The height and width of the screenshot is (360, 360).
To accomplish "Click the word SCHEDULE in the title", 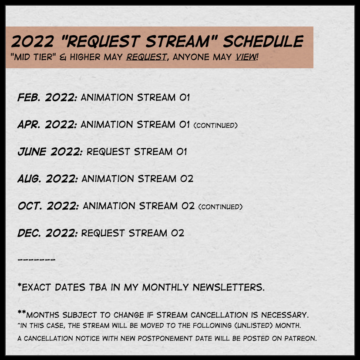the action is [x=263, y=41].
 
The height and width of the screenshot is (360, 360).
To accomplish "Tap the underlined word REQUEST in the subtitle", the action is [x=146, y=57].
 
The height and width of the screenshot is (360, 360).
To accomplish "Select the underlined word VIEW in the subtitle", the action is [x=246, y=57].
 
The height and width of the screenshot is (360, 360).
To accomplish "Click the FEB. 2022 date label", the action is [x=47, y=97].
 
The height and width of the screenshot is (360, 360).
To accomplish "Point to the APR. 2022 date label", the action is [x=47, y=124].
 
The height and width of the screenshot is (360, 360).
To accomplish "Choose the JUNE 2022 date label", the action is [x=50, y=152].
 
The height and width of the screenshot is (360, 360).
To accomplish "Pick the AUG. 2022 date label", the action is [x=47, y=179].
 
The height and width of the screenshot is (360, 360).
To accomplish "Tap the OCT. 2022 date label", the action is [x=48, y=206].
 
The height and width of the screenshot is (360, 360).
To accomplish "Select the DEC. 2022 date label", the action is [x=47, y=233].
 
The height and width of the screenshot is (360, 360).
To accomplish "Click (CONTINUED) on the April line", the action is [x=215, y=125].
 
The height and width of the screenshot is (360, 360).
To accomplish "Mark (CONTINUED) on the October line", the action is [x=220, y=207].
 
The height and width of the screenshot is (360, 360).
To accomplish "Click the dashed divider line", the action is [x=37, y=260].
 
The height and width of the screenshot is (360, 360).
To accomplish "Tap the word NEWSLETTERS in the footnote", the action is [x=229, y=287].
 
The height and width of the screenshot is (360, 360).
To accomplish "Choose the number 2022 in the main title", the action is [x=32, y=41].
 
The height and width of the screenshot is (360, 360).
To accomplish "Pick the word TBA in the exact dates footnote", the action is [x=98, y=287].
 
